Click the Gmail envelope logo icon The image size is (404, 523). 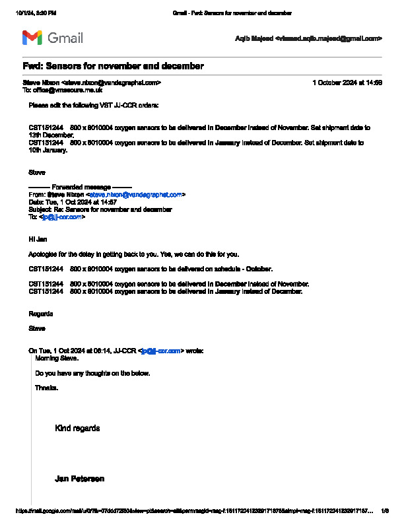(32, 38)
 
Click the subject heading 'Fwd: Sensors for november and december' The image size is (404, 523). (113, 66)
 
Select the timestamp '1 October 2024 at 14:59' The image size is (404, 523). (347, 83)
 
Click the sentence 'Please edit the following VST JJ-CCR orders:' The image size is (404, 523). (93, 105)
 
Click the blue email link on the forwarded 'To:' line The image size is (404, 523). (62, 217)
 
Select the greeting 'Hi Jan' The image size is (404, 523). (37, 238)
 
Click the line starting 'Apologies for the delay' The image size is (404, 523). (133, 254)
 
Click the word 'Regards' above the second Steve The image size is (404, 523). (41, 313)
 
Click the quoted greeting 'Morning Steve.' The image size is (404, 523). (57, 358)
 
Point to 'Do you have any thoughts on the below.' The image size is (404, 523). (92, 373)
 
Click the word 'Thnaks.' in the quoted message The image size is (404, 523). (46, 388)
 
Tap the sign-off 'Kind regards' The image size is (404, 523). (77, 428)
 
